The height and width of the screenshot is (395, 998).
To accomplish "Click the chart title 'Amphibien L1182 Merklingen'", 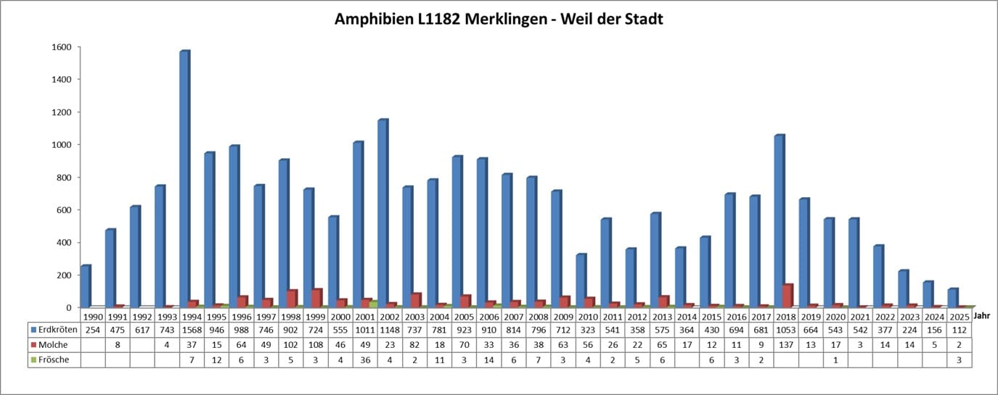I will click(499, 20).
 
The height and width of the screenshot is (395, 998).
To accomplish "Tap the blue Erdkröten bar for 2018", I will click(779, 221).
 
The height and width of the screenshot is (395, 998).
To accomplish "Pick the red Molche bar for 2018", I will click(788, 296).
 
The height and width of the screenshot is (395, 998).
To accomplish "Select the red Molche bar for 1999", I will click(316, 298).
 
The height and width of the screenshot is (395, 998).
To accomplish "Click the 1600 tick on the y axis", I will click(62, 47).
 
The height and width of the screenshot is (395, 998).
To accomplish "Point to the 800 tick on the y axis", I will click(64, 178).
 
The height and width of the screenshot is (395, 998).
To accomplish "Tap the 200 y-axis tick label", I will click(64, 275).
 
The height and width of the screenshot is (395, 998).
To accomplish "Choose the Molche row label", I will click(51, 344).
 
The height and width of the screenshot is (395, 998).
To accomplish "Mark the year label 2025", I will click(958, 317).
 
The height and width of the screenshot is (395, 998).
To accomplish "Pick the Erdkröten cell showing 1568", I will click(192, 330).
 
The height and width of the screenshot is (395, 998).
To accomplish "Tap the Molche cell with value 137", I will click(785, 344).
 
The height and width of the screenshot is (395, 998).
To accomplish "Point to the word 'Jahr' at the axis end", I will click(981, 316).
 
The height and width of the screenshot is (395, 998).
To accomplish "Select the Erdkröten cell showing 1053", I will click(785, 330).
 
